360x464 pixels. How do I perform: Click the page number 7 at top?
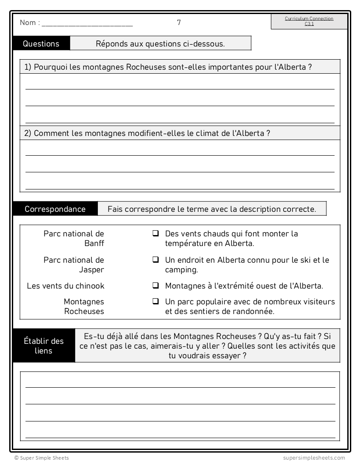point(179,22)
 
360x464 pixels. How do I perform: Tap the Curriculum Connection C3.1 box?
point(309,21)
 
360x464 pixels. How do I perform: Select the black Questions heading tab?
point(41,43)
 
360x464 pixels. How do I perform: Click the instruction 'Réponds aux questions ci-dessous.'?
point(160,43)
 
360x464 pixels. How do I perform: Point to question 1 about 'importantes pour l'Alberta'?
point(168,67)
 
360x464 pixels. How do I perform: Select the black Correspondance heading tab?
point(55,209)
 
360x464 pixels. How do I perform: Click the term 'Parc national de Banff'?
point(74,239)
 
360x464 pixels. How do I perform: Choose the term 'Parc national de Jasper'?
point(74,265)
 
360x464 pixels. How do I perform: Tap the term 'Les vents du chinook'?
point(66,286)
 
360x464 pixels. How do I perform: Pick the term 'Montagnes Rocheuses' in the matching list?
point(84,307)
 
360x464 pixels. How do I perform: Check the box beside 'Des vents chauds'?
point(155,234)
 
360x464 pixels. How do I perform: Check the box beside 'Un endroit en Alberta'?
point(155,260)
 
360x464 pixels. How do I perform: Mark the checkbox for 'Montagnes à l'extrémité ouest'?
point(155,286)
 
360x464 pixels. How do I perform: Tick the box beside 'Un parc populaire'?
point(155,302)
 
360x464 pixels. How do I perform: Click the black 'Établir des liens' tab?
point(43,346)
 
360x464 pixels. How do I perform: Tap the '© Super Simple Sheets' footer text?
point(41,458)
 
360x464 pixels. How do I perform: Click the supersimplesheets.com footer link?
point(314,458)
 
